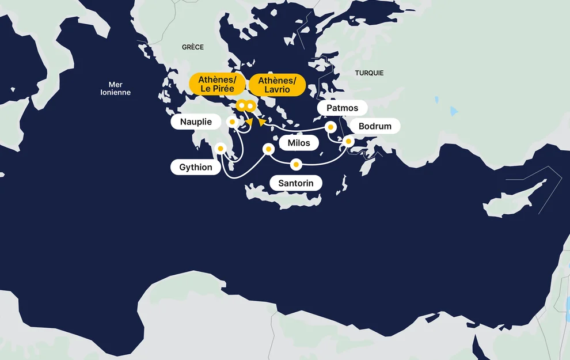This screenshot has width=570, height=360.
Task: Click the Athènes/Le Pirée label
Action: (x=216, y=84)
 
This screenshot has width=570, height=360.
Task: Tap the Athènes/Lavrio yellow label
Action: (x=277, y=85)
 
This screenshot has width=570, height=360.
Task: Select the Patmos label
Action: (x=342, y=108)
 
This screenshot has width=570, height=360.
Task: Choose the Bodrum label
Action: (x=375, y=126)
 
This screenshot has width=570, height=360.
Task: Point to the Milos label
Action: (x=298, y=143)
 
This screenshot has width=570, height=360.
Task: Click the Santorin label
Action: (x=296, y=184)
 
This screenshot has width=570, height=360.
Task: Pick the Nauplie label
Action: (x=196, y=122)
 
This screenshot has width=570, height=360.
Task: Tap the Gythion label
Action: (x=196, y=168)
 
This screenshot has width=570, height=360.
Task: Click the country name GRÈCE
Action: (x=193, y=47)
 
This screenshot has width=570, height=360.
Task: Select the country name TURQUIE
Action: (x=369, y=73)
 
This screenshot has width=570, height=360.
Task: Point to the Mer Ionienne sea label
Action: (x=115, y=89)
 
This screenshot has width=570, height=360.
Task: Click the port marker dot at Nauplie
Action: (x=232, y=122)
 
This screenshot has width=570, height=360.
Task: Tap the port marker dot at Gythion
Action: (x=221, y=149)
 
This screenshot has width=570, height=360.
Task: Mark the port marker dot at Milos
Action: (x=268, y=149)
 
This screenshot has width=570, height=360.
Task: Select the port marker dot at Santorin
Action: (x=296, y=165)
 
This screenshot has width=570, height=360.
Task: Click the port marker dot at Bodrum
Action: (x=348, y=141)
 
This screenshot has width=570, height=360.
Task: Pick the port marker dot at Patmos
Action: (x=330, y=127)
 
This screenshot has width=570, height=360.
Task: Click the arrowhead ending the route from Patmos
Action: (x=261, y=122)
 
